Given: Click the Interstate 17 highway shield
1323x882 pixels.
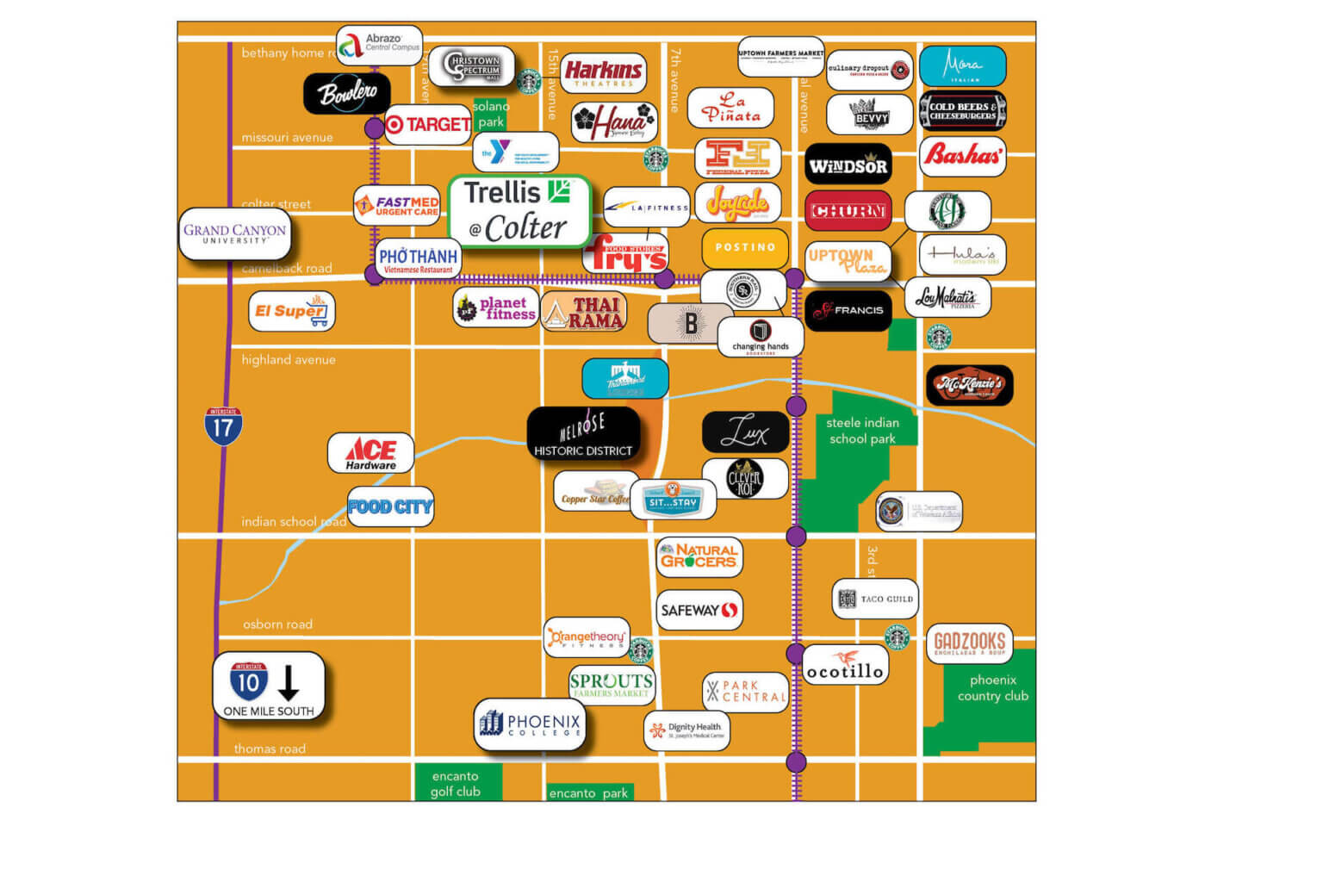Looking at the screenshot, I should point(223,425).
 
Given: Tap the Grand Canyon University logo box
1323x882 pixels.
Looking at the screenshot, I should point(234,233).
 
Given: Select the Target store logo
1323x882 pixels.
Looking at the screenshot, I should point(428,125).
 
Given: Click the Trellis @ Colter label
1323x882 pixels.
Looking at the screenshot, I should point(519,210).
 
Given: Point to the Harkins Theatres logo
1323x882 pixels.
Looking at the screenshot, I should point(604,73).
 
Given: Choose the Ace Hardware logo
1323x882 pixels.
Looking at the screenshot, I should point(371,452).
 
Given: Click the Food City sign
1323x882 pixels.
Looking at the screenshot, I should point(390,506).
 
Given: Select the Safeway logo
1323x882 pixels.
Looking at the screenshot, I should point(699,610).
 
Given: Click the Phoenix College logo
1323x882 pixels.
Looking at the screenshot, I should point(530,724).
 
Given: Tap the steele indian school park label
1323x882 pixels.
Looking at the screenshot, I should point(862,431).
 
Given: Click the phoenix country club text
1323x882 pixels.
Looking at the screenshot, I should point(992,687).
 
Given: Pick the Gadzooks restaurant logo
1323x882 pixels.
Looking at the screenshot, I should point(970,643).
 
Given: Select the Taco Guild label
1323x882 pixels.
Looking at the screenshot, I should point(875,599).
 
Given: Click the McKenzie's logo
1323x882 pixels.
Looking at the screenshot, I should point(970,384).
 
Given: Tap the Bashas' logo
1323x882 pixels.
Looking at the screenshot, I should point(962,155).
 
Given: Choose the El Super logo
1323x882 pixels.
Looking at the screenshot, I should point(291,311).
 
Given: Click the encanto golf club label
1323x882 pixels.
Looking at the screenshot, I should point(456,784).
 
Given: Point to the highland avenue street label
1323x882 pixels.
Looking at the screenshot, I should point(289,360).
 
